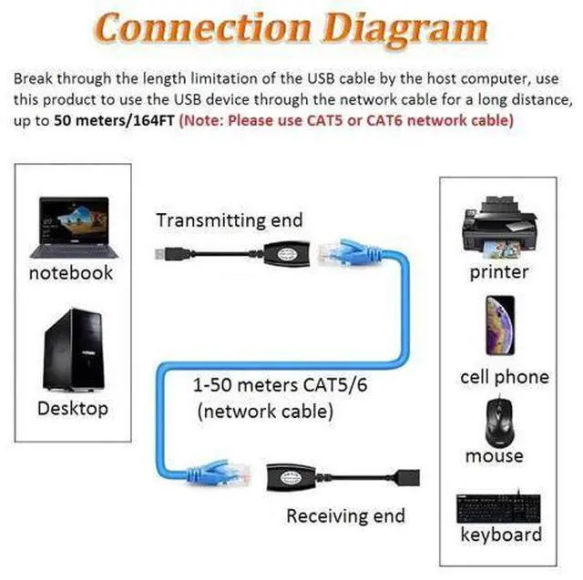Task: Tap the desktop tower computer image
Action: point(71,350)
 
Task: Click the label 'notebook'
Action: point(71,272)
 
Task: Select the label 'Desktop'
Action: point(72,408)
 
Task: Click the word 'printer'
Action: point(499,271)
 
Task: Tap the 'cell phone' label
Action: point(505,377)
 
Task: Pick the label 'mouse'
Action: point(495,455)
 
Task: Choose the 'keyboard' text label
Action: point(501,534)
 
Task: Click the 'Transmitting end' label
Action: point(229,220)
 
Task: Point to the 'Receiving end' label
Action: point(345,516)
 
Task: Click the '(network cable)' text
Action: point(264,412)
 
